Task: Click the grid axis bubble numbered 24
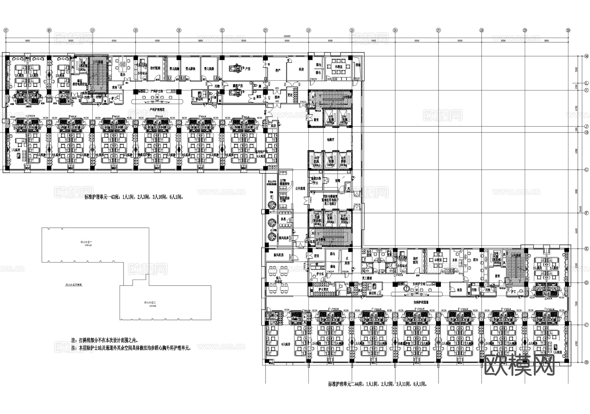(x=308, y=30)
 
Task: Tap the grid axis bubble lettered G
(x=587, y=169)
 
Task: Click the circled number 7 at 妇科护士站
(x=407, y=289)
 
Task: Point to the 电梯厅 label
(x=329, y=139)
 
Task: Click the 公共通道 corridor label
(x=300, y=189)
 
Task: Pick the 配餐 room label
(x=338, y=180)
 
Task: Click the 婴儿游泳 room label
(x=190, y=69)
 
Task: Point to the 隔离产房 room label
(x=237, y=86)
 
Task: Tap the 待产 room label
(x=277, y=70)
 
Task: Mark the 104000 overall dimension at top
(x=287, y=36)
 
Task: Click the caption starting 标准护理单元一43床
(x=134, y=197)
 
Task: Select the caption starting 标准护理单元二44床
(x=378, y=384)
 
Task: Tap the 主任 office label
(x=455, y=260)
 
